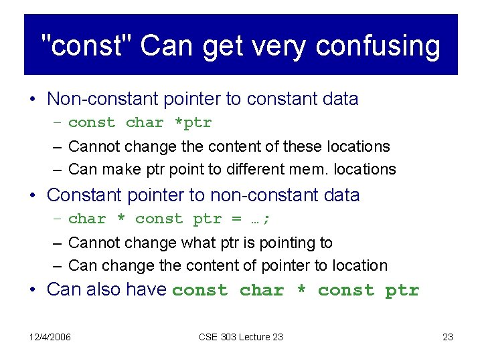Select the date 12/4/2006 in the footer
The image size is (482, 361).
click(50, 337)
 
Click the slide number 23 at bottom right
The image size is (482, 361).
click(448, 337)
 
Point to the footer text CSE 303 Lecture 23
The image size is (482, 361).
click(241, 337)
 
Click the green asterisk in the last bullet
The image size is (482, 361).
click(299, 290)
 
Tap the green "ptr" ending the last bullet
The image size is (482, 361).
click(402, 290)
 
